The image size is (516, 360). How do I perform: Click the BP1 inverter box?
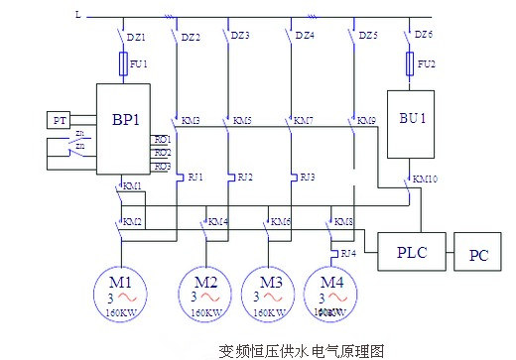click(123, 129)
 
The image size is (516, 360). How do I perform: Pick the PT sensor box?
click(58, 120)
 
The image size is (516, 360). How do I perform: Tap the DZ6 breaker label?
click(424, 35)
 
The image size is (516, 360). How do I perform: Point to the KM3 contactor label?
click(190, 120)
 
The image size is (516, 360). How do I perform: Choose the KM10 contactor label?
click(427, 180)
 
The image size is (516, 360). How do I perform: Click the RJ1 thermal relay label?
click(194, 177)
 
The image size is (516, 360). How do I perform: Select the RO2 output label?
click(161, 153)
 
